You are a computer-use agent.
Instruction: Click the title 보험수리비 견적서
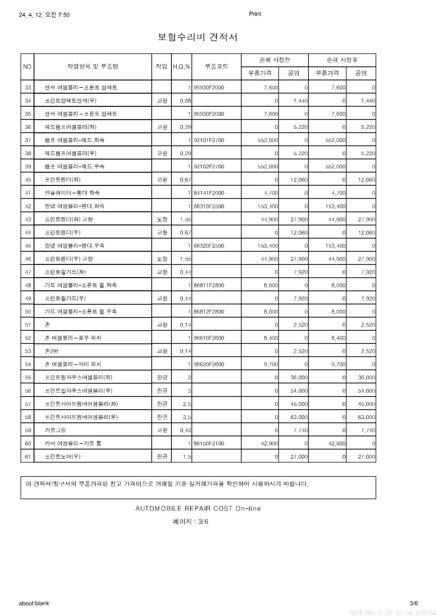198,37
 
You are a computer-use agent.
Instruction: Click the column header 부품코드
216,66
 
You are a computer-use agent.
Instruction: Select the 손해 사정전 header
275,60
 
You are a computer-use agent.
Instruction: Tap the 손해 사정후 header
342,60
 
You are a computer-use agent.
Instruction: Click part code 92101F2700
209,140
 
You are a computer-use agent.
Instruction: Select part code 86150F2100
209,443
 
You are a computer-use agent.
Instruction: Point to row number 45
28,246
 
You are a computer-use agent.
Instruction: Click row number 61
28,456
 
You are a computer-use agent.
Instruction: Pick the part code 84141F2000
209,193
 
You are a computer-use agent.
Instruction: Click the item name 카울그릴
55,430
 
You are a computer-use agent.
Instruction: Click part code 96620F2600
209,364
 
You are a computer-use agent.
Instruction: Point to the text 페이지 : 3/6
191,522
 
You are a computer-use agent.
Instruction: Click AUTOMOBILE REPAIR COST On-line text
198,508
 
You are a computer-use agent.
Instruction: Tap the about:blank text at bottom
34,603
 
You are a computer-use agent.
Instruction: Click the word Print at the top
255,14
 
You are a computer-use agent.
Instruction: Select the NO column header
27,66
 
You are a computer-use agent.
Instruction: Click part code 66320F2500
209,246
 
